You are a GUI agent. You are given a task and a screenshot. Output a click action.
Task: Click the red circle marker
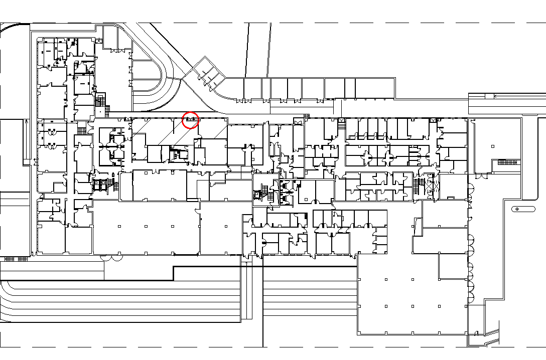click(190, 120)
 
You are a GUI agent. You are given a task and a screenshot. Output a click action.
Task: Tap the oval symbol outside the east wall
click(517, 209)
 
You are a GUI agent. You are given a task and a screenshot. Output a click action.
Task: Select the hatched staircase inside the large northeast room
click(507, 162)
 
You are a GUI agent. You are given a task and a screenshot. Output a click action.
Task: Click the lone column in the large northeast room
click(493, 146)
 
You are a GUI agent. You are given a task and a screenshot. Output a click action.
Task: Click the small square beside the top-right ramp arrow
click(488, 96)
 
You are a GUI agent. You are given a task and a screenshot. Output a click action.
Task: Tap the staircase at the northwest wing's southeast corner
click(101, 99)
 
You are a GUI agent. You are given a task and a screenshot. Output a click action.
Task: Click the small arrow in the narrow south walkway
click(245, 261)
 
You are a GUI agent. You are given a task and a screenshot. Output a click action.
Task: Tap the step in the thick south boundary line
click(173, 273)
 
